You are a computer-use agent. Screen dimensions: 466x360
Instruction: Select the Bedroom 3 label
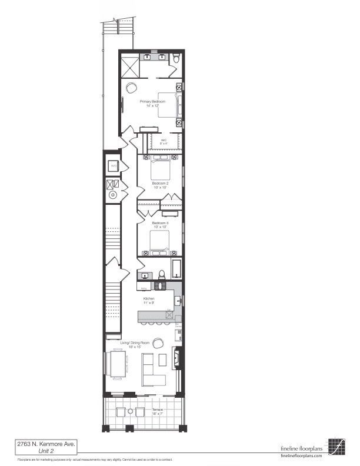(x=160, y=224)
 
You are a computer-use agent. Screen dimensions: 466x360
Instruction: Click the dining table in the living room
(x=117, y=364)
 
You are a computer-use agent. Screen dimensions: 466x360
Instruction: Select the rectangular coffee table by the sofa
(x=146, y=360)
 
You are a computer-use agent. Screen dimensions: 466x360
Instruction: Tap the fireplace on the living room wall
(x=175, y=357)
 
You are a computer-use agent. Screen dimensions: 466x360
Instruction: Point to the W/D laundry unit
(x=114, y=167)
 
